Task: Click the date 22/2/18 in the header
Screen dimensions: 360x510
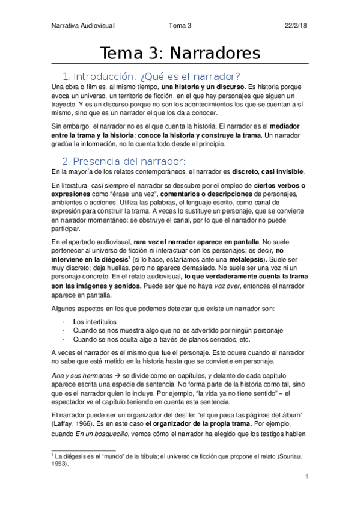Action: pyautogui.click(x=297, y=25)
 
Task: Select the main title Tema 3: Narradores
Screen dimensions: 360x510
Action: pyautogui.click(x=180, y=53)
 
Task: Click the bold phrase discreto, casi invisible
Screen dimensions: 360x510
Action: pyautogui.click(x=272, y=171)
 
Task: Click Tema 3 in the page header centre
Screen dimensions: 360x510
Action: pyautogui.click(x=180, y=25)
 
